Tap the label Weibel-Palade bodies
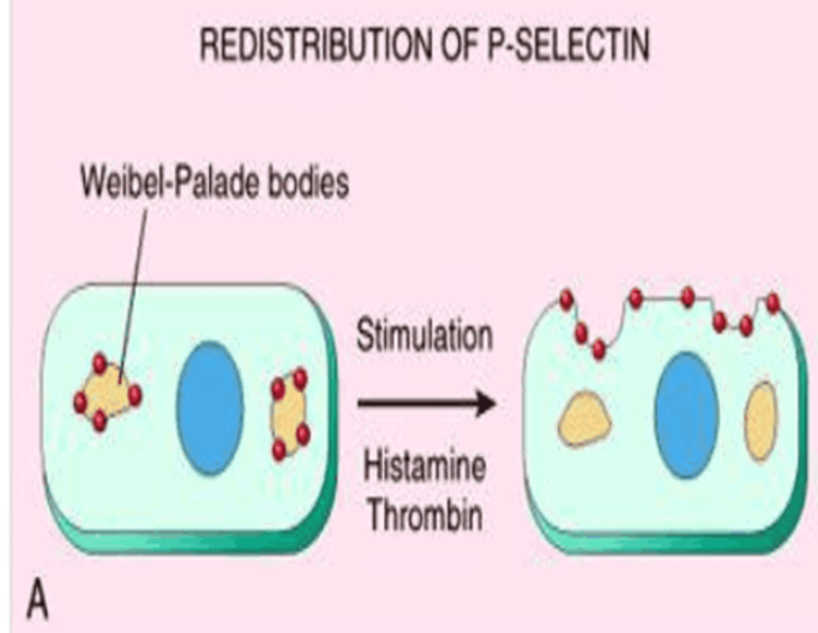(x=214, y=183)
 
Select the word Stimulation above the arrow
(x=424, y=335)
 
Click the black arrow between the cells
(x=426, y=403)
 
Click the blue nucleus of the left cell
(x=210, y=408)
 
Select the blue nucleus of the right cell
(x=686, y=415)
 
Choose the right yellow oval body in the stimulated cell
(x=761, y=420)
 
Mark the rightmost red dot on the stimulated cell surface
(x=773, y=303)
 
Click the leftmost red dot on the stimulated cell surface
(x=566, y=299)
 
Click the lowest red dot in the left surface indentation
(x=599, y=349)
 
